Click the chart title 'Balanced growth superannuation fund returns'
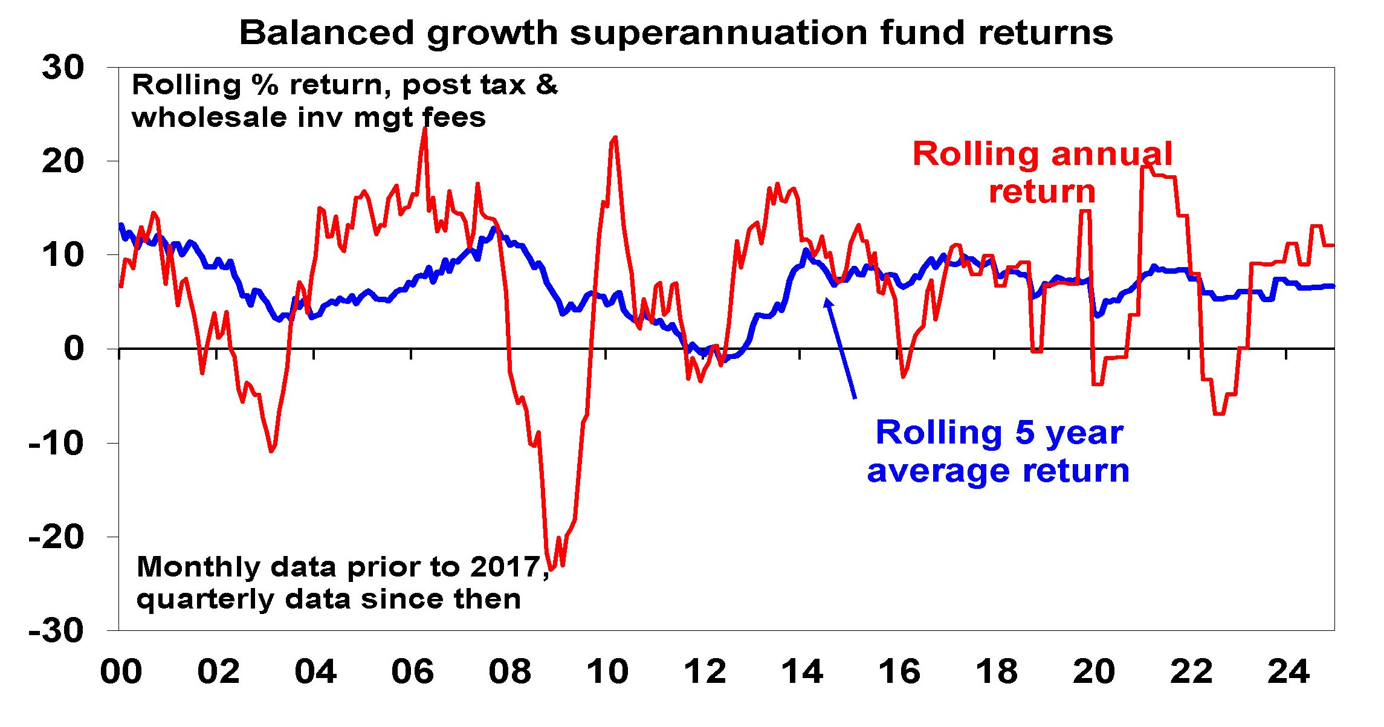(676, 33)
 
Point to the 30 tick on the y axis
(63, 67)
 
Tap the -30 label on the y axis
(56, 632)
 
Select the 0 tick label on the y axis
(74, 349)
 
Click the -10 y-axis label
(56, 444)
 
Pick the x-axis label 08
(509, 671)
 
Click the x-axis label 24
(1288, 671)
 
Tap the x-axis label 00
(121, 671)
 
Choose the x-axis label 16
(899, 671)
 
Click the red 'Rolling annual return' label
(1042, 172)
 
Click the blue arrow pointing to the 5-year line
(841, 349)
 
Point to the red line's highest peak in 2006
(424, 130)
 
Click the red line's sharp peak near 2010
(615, 138)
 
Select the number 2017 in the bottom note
(505, 567)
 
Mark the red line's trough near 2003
(271, 451)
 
